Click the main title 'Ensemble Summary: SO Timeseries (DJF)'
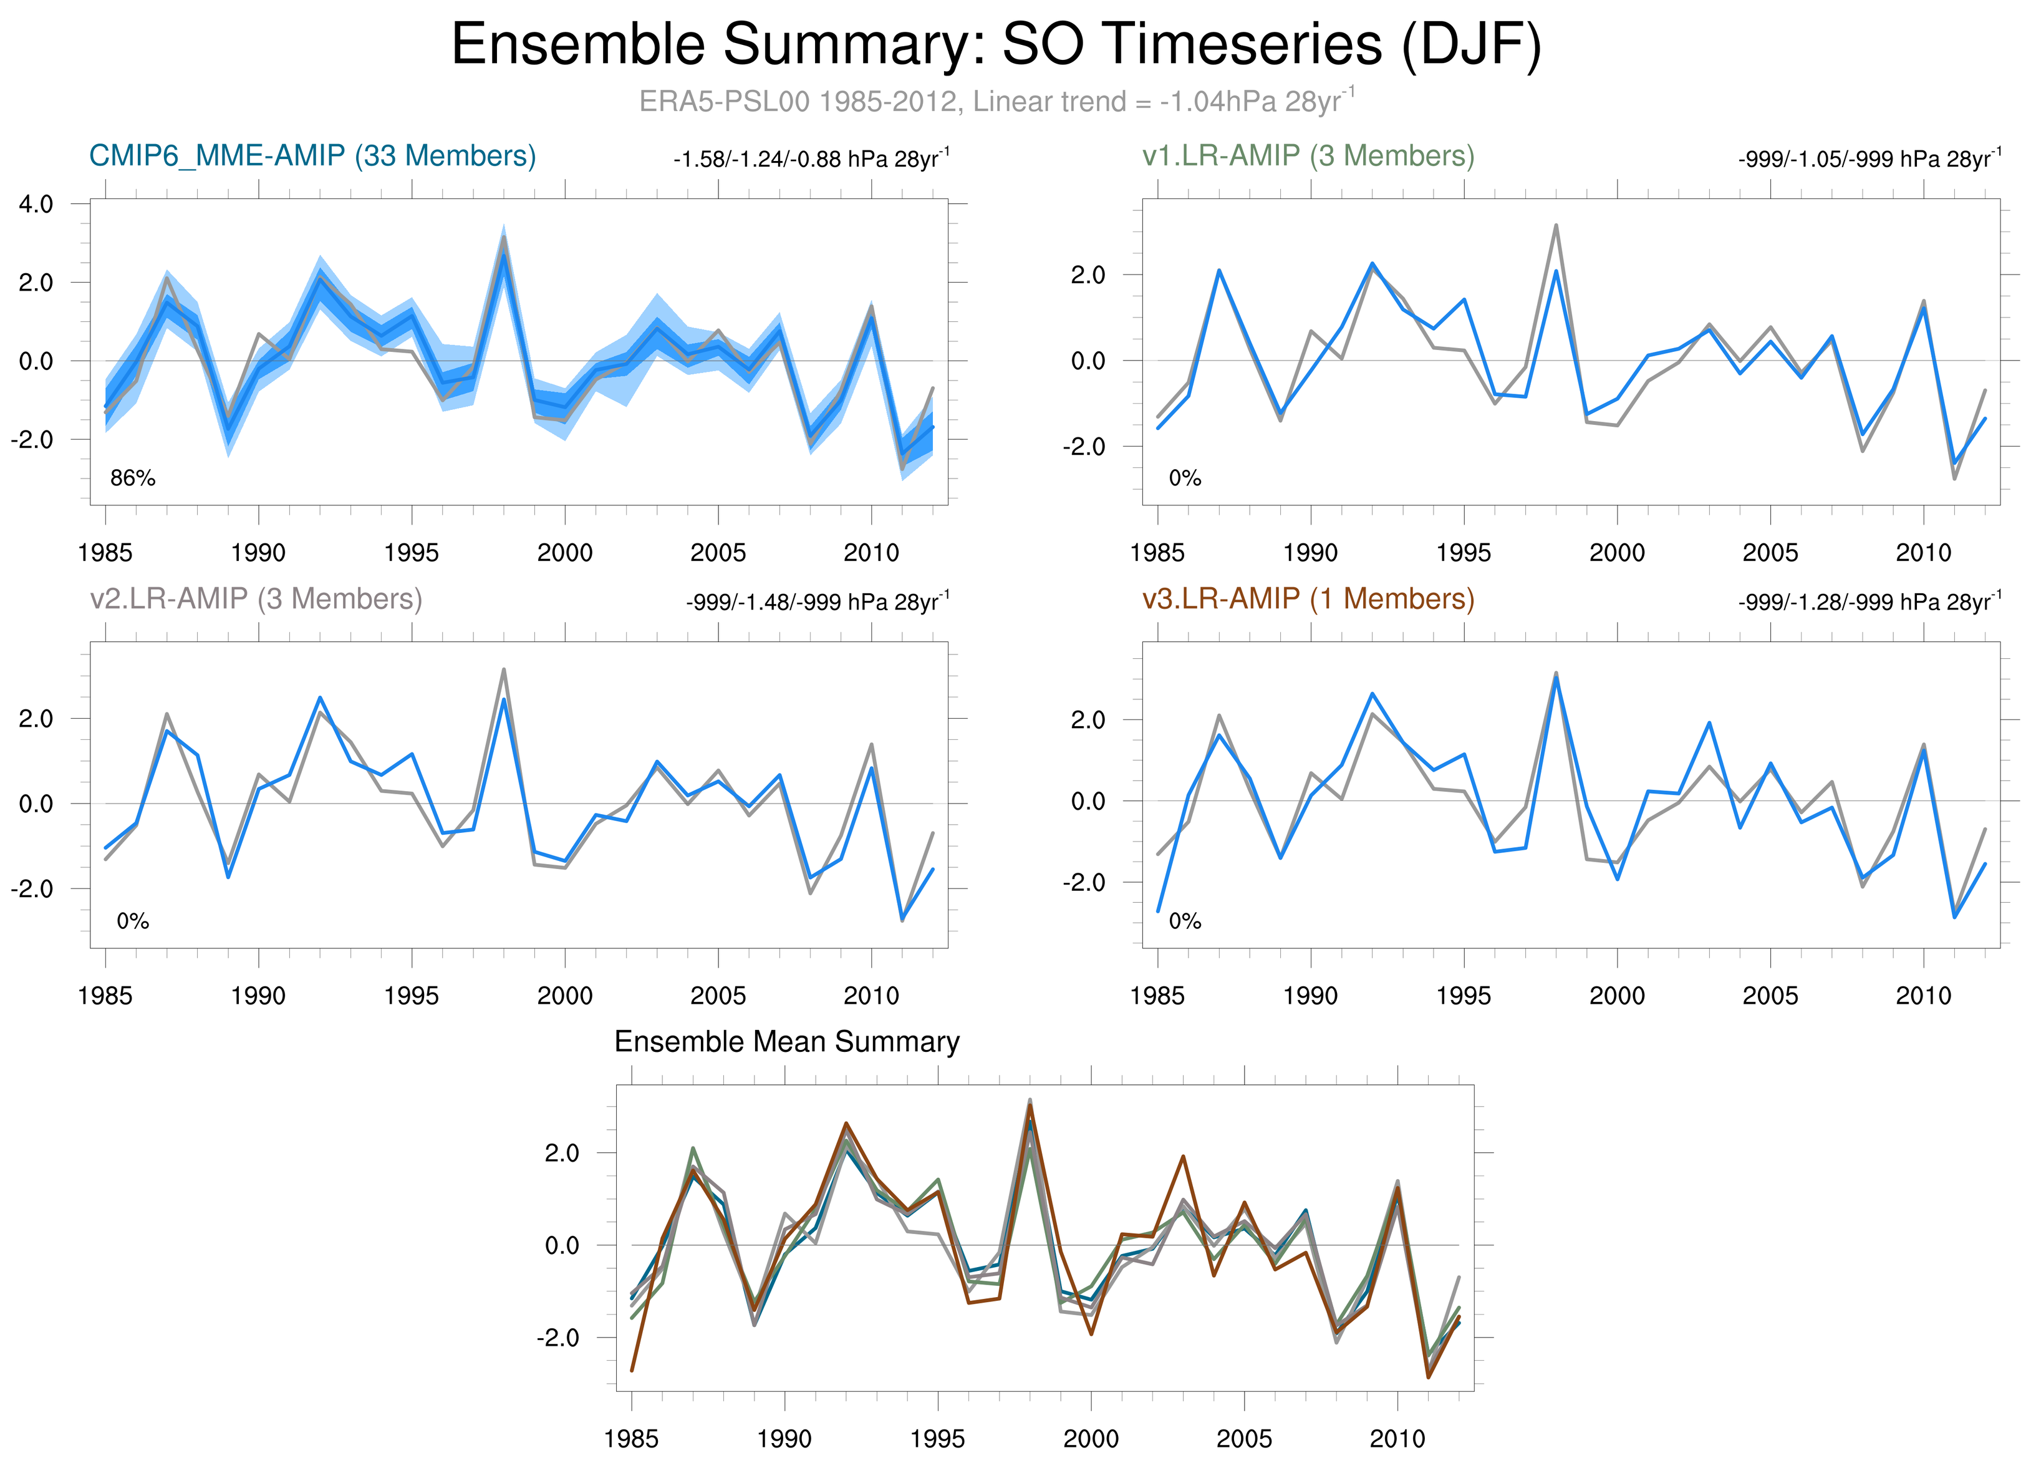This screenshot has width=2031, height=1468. tap(996, 45)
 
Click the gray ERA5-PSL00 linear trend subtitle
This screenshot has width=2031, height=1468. tap(996, 101)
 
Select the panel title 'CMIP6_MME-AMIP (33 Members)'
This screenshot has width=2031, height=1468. tap(312, 156)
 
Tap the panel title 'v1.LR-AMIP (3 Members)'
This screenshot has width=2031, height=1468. tap(1308, 156)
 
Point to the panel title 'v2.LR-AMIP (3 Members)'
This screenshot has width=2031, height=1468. tap(256, 598)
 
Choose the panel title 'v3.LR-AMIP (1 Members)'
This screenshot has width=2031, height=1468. tap(1308, 598)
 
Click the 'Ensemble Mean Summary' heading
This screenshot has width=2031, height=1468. tap(786, 1042)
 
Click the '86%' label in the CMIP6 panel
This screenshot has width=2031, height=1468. tap(133, 479)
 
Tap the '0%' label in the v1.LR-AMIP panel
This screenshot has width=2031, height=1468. tap(1185, 479)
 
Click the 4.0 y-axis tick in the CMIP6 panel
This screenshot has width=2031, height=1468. tap(36, 204)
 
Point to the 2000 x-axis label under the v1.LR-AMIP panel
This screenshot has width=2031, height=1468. tap(1616, 553)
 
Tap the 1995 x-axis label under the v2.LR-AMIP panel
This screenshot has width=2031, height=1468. tap(411, 996)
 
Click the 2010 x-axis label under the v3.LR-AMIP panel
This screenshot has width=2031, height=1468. tap(1922, 996)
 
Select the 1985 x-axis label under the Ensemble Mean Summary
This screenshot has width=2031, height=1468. tap(630, 1439)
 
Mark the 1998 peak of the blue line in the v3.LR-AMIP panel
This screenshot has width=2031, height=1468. tap(1556, 678)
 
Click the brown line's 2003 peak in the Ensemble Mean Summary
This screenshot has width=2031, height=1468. tap(1183, 1156)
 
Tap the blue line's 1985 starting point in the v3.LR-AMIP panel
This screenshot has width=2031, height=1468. tap(1158, 911)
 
